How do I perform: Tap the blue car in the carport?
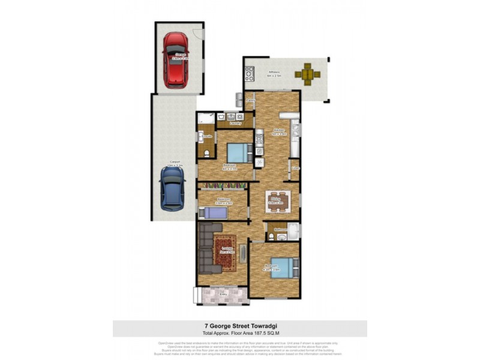tap(172, 188)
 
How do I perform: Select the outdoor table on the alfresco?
tap(307, 74)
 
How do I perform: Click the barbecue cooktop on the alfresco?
tap(250, 74)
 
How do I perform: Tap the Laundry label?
tap(235, 123)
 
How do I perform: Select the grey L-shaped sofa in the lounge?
tap(207, 249)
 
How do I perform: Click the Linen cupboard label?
tap(295, 169)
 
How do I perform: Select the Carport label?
tap(175, 161)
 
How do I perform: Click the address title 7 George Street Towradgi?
tap(240, 325)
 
